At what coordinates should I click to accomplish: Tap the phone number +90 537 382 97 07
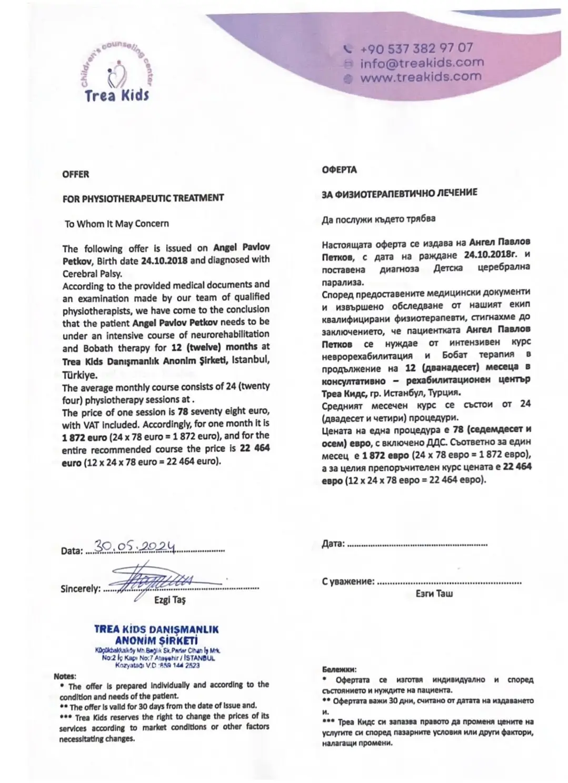tap(416, 48)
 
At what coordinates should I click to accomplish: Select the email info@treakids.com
tap(422, 63)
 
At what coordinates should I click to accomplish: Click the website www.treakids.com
tap(421, 76)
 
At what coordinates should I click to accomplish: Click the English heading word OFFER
tap(76, 174)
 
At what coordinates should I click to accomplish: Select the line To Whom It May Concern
tap(117, 224)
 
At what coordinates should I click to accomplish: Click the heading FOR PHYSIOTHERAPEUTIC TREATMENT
tap(143, 198)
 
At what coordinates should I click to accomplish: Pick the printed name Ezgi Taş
tap(170, 600)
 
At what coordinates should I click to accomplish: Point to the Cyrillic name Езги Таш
tap(434, 594)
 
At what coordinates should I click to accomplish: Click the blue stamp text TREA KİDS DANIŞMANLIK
tap(156, 629)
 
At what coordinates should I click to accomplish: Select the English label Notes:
tap(65, 676)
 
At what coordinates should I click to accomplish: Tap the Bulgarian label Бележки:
tap(339, 670)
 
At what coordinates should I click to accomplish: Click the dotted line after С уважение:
tap(450, 583)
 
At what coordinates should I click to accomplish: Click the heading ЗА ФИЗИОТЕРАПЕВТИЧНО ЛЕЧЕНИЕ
tap(400, 193)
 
